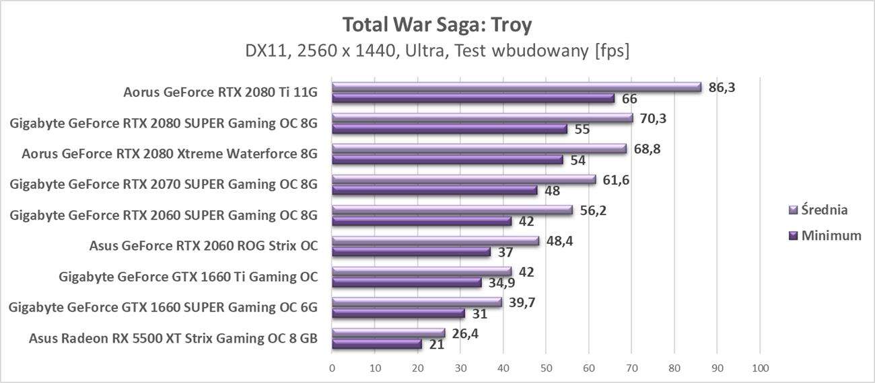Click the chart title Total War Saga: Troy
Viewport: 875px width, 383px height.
[437, 25]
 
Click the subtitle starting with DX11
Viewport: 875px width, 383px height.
[437, 50]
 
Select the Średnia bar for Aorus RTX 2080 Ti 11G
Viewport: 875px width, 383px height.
[516, 87]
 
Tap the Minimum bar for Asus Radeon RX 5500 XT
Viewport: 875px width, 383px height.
[377, 344]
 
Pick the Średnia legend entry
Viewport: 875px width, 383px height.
[818, 210]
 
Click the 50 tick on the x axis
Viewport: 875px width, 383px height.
[546, 368]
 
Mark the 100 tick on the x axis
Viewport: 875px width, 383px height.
[760, 368]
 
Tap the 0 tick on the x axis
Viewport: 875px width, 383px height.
[332, 368]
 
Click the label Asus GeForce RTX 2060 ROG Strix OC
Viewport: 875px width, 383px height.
[203, 245]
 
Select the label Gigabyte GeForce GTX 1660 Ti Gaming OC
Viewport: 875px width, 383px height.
[188, 276]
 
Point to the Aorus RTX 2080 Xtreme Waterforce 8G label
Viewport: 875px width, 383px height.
[170, 153]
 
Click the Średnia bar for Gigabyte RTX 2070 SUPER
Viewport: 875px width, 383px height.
[464, 179]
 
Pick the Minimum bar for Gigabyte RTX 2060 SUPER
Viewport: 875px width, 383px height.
[422, 221]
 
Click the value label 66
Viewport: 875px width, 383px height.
[629, 99]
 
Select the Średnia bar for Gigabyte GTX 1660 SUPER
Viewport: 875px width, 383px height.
[417, 302]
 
